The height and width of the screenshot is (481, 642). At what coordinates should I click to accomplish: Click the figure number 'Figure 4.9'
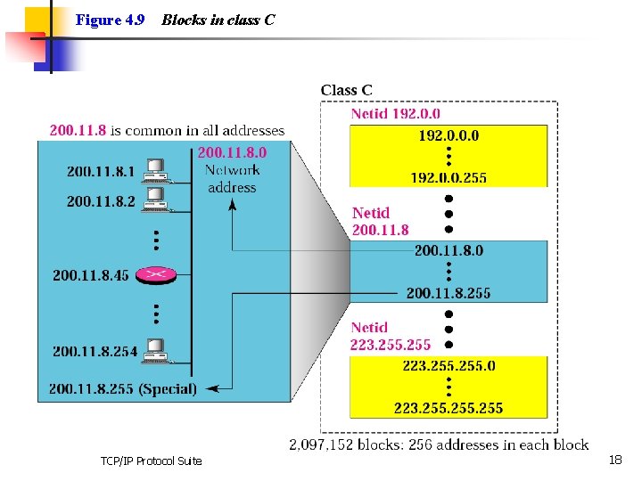point(110,20)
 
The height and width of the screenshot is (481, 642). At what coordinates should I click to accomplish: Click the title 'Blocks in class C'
point(218,20)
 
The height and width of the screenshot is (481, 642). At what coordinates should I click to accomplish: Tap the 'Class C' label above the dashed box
point(347,90)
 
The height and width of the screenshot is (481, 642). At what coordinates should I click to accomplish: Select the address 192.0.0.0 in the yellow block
point(449,135)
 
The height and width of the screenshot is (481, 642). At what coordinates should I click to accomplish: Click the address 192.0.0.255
point(449,177)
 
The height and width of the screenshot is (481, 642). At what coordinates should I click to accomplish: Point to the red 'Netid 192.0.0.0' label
point(395,114)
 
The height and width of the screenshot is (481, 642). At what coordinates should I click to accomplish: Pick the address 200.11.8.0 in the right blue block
point(449,250)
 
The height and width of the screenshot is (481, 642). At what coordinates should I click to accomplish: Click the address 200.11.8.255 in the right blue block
point(449,293)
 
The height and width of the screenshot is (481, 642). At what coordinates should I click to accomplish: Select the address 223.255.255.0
point(449,365)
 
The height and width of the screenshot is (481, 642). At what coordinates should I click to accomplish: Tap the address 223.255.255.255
point(449,408)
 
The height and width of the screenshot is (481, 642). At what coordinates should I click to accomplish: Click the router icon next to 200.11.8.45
point(156,275)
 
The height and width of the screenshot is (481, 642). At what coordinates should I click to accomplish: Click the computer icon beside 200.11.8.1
point(156,168)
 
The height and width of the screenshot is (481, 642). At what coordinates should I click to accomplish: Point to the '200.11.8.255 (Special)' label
point(123,388)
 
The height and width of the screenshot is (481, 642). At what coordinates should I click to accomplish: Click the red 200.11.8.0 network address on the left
point(232,152)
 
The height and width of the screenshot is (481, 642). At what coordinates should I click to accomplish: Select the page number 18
point(614,460)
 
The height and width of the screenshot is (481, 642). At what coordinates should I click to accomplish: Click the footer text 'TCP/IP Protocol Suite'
point(152,461)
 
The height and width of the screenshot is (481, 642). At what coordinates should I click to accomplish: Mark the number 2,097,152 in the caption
point(322,444)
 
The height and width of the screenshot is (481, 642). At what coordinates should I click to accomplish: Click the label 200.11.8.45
point(90,275)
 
